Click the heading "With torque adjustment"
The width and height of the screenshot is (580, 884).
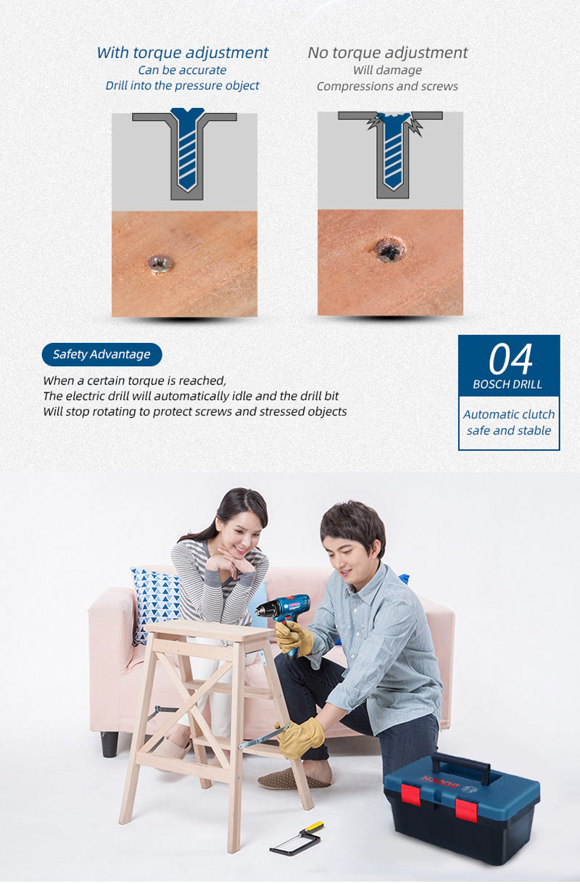pyautogui.click(x=182, y=52)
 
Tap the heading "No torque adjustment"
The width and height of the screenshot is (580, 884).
pyautogui.click(x=387, y=52)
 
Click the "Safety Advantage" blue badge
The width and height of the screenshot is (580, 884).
pyautogui.click(x=101, y=355)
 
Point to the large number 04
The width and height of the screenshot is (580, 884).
pyautogui.click(x=510, y=359)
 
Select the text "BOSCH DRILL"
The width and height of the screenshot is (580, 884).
pyautogui.click(x=507, y=384)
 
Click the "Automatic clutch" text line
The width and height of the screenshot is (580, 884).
pyautogui.click(x=509, y=414)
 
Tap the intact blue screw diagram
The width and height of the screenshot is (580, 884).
pyautogui.click(x=188, y=149)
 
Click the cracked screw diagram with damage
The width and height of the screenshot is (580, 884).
pyautogui.click(x=392, y=154)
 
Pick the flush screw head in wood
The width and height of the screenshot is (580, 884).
pyautogui.click(x=160, y=264)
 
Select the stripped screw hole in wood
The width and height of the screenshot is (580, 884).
pyautogui.click(x=390, y=249)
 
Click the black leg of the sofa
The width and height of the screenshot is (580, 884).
pyautogui.click(x=109, y=744)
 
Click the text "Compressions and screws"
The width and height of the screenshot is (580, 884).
pyautogui.click(x=387, y=86)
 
